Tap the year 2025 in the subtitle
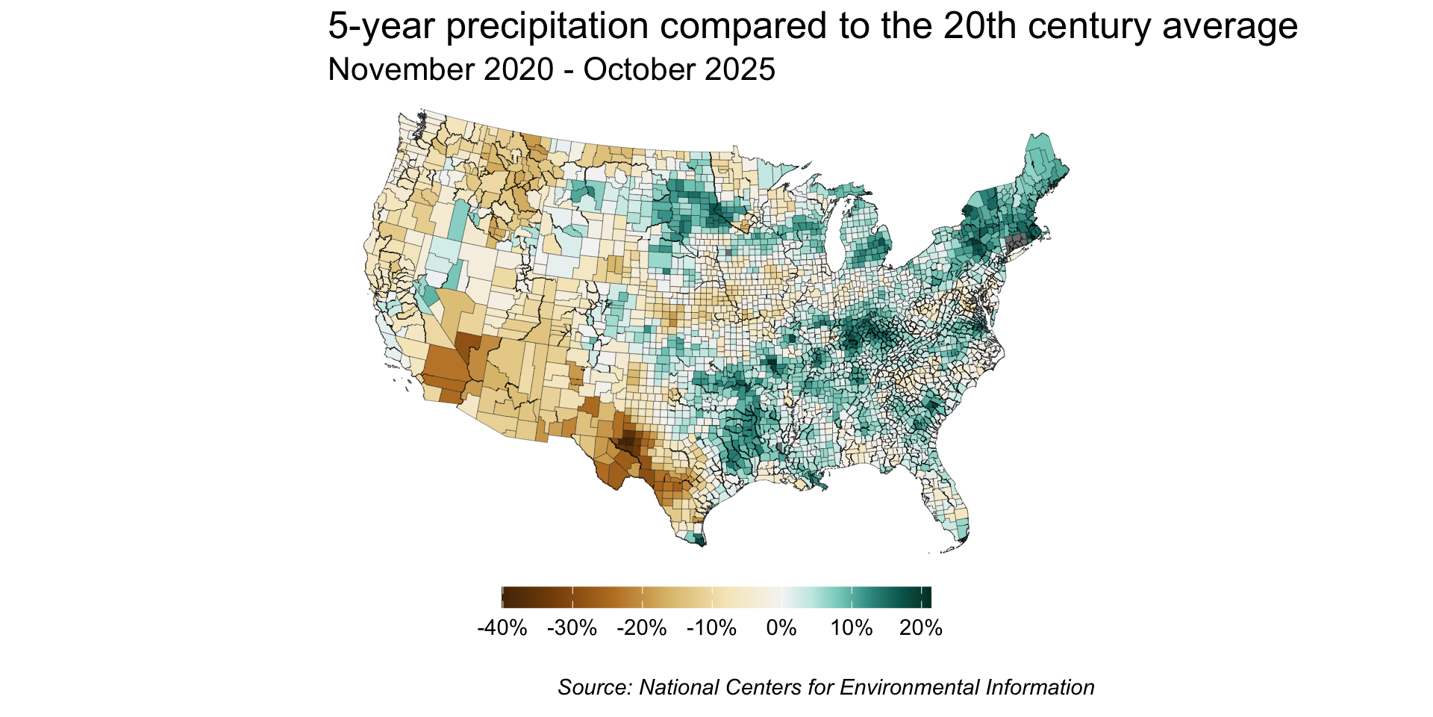(740, 69)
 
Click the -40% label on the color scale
(502, 628)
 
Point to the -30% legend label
(572, 628)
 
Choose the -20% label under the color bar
(641, 628)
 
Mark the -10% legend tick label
(711, 628)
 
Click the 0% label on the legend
(781, 628)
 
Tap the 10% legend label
(852, 628)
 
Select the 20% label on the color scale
(921, 628)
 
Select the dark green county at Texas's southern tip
(699, 540)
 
